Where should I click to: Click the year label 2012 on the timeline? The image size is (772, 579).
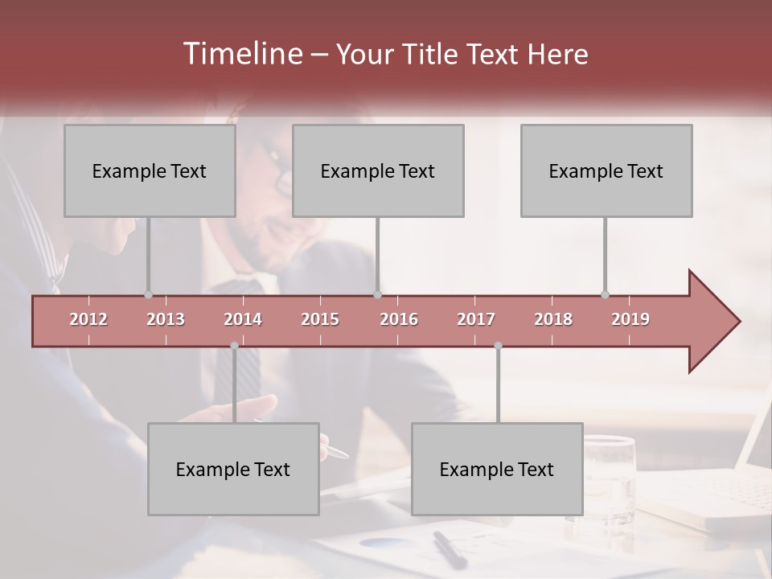(88, 319)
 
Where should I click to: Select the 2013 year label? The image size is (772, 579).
(166, 319)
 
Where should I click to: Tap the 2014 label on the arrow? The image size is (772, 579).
(243, 319)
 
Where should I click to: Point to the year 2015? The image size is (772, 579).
(320, 319)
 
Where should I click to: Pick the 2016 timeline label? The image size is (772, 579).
(399, 319)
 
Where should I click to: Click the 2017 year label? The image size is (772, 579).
(476, 319)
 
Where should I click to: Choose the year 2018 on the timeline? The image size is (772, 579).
(553, 319)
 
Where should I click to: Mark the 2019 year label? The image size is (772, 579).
(630, 319)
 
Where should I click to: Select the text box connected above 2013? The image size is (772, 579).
(150, 170)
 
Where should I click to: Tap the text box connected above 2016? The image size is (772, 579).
(378, 170)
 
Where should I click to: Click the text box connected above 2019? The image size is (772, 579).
(606, 170)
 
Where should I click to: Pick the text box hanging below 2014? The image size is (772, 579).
(233, 469)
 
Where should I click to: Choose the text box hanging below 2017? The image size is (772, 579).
(497, 469)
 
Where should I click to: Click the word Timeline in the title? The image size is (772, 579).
(240, 54)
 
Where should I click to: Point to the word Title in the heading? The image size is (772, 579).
(432, 55)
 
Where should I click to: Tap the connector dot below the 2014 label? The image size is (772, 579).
(234, 346)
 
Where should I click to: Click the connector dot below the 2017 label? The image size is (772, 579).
(498, 346)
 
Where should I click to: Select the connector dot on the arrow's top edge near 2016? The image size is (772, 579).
(377, 294)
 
